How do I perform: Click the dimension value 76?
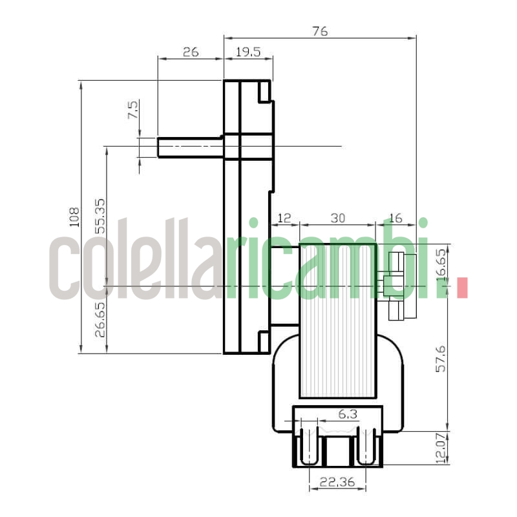pyautogui.click(x=320, y=30)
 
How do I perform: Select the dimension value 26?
pyautogui.click(x=190, y=52)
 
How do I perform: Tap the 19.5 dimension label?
pyautogui.click(x=248, y=52)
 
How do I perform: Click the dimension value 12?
pyautogui.click(x=284, y=218)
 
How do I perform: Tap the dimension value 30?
pyautogui.click(x=337, y=218)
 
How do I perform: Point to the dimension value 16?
pyautogui.click(x=396, y=218)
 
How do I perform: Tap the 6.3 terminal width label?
pyautogui.click(x=348, y=414)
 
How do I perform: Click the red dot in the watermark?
pyautogui.click(x=461, y=288)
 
